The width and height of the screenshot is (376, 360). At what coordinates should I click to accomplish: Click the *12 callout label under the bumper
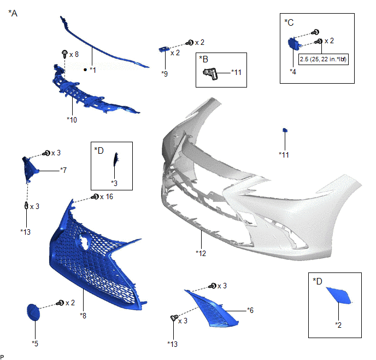point(201,253)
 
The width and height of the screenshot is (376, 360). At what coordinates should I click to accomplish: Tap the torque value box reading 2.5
point(324,59)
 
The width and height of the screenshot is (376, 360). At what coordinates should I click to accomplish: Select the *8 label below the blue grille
point(83,315)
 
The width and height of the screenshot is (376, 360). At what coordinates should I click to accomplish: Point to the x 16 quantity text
point(107,196)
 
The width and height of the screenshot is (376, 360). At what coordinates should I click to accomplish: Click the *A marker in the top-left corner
point(13,13)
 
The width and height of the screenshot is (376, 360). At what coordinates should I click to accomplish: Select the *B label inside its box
point(204,59)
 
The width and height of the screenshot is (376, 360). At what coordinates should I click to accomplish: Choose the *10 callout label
point(72,119)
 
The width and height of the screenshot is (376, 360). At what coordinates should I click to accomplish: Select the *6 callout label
point(250,310)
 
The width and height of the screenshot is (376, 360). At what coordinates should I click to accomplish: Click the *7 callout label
point(63,170)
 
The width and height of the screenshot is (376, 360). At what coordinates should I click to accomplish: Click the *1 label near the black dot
point(92,70)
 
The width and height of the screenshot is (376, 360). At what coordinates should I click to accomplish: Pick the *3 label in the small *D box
point(114,183)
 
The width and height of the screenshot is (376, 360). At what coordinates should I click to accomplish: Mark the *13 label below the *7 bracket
point(26,231)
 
